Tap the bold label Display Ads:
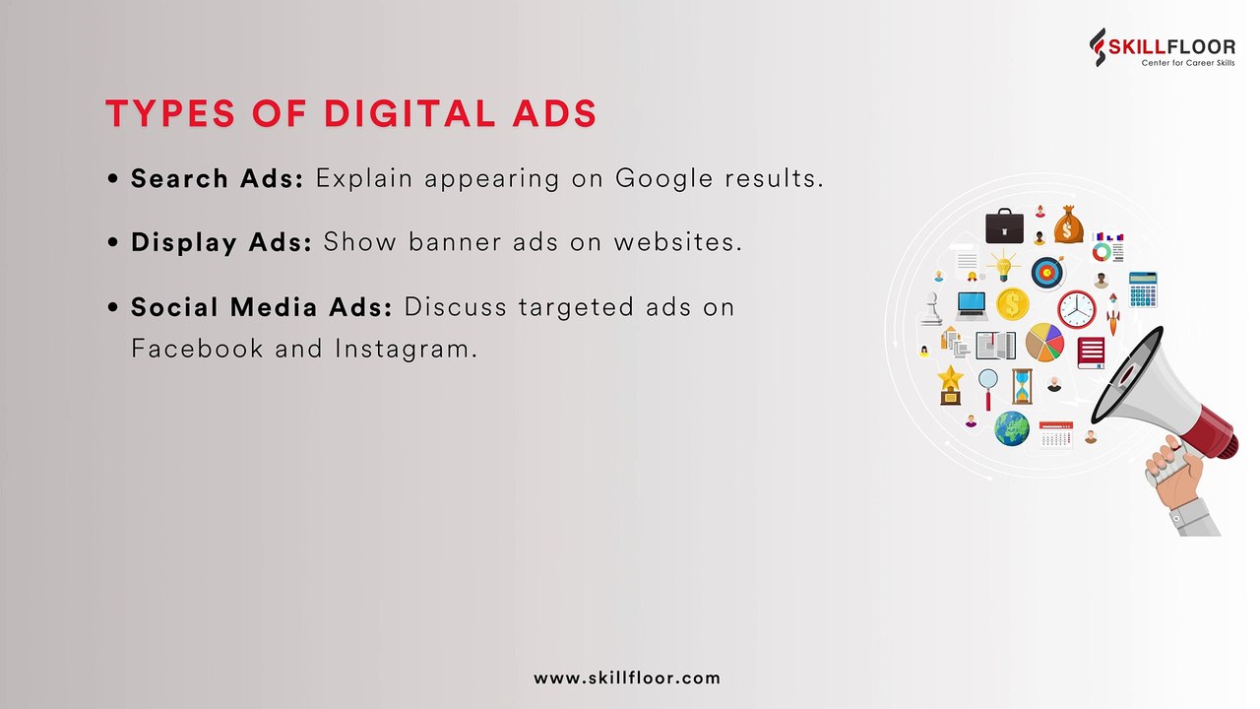coord(221,241)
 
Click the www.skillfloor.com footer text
coord(627,677)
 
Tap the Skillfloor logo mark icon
coord(1099,46)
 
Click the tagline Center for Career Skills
coord(1187,62)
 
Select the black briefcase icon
coord(1004,226)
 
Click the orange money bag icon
coord(1068,225)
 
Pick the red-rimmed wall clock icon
coord(1076,308)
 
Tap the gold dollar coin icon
coord(1012,303)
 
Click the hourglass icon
coord(1023,386)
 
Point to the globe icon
coord(1011,428)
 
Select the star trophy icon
coord(950,384)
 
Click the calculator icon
coord(1143,290)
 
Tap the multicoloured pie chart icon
coord(1044,343)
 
